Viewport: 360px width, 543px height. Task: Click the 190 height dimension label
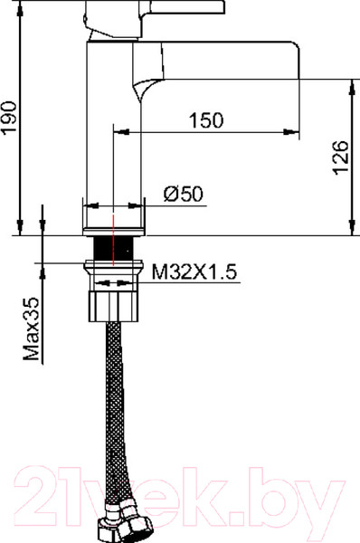(9, 118)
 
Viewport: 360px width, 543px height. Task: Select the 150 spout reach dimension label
(206, 120)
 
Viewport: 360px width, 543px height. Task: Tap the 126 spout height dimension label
(341, 157)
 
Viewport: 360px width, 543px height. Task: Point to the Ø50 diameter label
(184, 194)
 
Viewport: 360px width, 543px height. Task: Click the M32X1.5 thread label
(194, 271)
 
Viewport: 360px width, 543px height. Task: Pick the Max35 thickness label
(32, 329)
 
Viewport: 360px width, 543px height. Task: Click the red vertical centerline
(113, 240)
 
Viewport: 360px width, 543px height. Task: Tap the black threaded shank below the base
(114, 248)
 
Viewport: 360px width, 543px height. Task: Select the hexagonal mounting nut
(114, 306)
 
